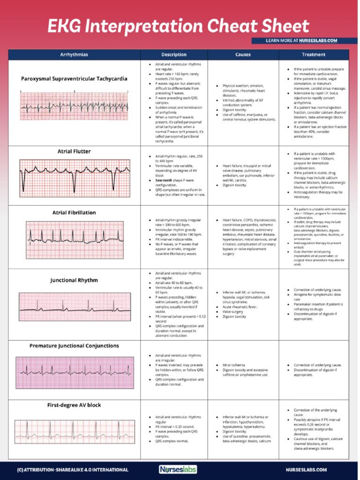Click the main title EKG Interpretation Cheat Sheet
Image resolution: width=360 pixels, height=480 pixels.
178,26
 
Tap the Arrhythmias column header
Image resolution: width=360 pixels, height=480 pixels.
74,55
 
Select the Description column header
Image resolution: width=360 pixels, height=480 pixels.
174,55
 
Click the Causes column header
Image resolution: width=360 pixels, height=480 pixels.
243,55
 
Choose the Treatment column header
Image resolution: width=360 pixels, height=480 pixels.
314,55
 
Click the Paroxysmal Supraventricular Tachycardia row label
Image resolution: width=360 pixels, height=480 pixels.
74,79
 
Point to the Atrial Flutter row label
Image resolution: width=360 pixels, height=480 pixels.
74,151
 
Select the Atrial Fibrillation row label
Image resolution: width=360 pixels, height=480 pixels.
74,212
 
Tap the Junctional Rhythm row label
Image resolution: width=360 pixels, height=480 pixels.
74,280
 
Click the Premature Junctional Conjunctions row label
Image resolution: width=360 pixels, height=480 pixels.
74,346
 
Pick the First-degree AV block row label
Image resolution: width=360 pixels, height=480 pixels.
74,405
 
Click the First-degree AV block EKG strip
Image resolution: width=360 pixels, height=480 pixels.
75,432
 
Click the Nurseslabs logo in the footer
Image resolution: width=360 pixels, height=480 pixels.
178,469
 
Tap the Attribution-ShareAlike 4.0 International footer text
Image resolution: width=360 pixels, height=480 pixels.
72,470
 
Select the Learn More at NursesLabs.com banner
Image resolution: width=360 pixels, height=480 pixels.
301,41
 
